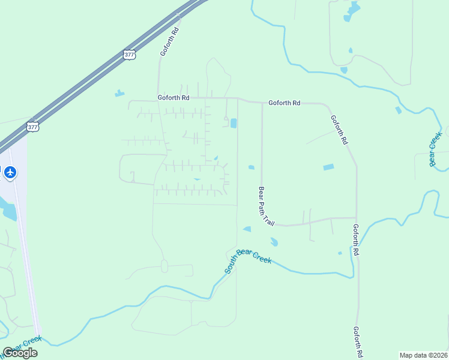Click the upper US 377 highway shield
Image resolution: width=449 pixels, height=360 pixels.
[130, 55]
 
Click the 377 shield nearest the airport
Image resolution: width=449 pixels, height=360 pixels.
[32, 127]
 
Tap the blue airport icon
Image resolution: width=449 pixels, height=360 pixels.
[10, 173]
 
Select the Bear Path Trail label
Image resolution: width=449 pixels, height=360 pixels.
[266, 206]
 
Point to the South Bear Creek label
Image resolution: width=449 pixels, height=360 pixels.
[248, 262]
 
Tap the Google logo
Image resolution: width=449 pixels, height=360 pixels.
[20, 353]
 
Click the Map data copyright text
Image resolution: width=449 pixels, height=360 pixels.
[423, 355]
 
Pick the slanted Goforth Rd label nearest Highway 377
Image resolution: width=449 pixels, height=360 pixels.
[170, 41]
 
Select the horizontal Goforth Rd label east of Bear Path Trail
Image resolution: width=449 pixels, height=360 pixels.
[284, 103]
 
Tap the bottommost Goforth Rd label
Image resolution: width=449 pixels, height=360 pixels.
[359, 342]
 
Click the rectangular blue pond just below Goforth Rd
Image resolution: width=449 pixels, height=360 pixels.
[233, 124]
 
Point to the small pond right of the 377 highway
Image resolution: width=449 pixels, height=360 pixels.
[119, 93]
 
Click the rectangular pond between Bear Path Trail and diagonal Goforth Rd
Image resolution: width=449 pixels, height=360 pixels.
[328, 167]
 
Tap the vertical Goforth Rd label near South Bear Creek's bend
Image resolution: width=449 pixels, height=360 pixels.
[356, 240]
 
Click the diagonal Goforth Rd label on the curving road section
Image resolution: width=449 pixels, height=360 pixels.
[339, 130]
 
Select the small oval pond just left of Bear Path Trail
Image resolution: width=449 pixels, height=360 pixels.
[251, 167]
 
